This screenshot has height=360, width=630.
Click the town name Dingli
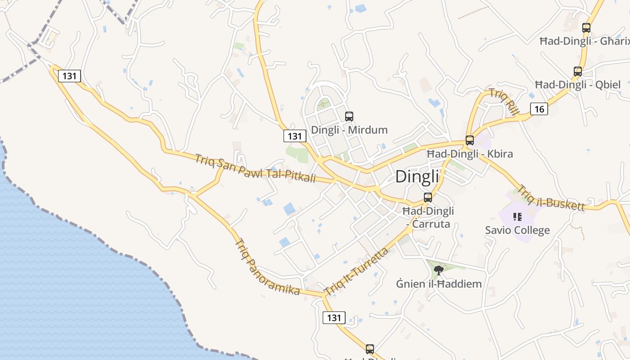click(x=417, y=176)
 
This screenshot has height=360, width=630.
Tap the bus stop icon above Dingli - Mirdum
click(x=349, y=117)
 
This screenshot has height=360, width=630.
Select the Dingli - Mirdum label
click(x=349, y=130)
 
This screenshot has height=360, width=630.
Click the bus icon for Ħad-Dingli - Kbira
click(x=470, y=140)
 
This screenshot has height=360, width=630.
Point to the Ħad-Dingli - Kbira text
click(x=469, y=154)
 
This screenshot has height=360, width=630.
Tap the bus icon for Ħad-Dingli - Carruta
click(x=428, y=197)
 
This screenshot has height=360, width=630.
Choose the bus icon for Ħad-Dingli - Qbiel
click(x=578, y=71)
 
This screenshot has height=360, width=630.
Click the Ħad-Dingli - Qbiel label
click(x=578, y=85)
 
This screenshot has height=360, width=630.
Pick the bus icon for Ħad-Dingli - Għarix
click(x=586, y=27)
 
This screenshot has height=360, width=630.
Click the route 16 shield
click(x=539, y=108)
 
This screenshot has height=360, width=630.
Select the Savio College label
click(x=517, y=230)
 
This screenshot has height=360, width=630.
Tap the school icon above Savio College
click(x=517, y=217)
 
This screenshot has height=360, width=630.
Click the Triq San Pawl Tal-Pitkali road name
click(x=255, y=169)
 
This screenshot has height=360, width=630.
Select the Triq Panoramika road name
click(x=267, y=267)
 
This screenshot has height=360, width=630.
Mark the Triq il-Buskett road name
click(x=552, y=198)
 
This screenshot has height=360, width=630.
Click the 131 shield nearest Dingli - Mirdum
click(x=295, y=136)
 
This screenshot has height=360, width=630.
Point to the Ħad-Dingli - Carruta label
click(x=428, y=217)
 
